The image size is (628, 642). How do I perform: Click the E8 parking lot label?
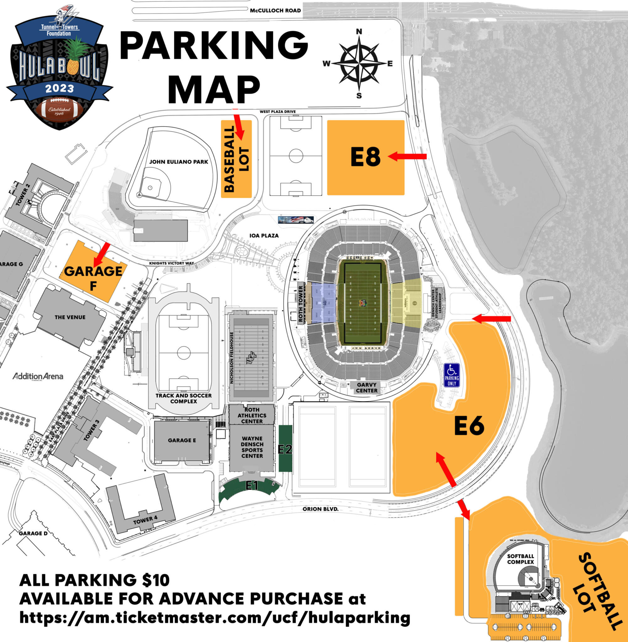click(365, 157)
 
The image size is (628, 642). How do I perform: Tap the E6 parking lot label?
click(469, 425)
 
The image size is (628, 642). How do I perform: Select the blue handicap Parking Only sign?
click(452, 375)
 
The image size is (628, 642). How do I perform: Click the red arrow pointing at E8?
click(408, 156)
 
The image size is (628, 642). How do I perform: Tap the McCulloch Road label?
click(275, 11)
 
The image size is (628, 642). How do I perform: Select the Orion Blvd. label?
click(321, 509)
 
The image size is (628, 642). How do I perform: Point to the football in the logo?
click(59, 111)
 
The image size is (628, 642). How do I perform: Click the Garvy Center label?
click(366, 387)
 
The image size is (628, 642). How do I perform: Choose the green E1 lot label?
click(252, 485)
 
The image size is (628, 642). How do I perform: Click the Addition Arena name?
click(38, 376)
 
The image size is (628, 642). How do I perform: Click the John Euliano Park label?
click(178, 162)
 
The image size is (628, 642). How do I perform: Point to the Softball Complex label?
click(520, 559)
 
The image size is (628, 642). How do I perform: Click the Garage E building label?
click(182, 440)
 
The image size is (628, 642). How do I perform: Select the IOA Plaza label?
click(264, 236)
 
